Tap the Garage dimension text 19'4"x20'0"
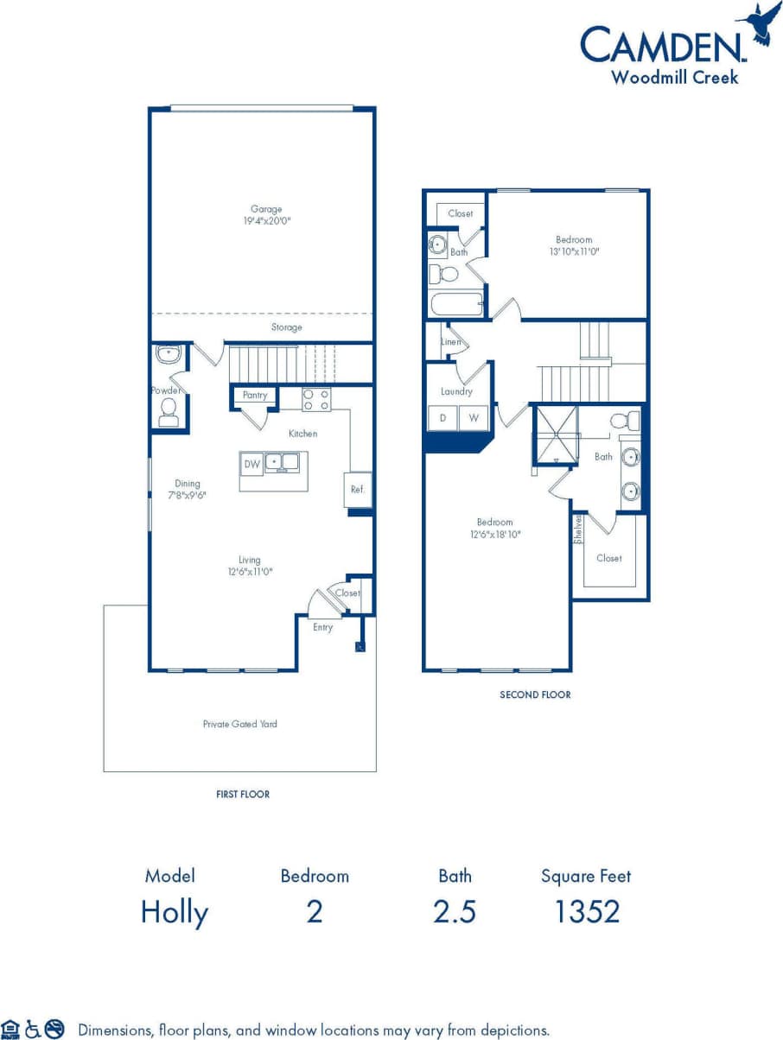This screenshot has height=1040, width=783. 266,221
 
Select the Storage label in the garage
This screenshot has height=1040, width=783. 287,327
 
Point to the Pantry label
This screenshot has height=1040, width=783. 255,395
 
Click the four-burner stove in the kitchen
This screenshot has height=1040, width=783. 316,399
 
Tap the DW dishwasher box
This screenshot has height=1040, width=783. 252,464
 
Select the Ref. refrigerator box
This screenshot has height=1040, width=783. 357,490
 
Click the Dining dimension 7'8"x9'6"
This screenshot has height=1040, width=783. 188,496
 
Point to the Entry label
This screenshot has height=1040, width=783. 322,627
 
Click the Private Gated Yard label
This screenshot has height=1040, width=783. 240,724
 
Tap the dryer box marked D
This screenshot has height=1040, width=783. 443,418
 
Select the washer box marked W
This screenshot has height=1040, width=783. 474,418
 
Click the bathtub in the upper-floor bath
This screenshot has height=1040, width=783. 456,304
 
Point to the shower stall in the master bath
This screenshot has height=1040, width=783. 555,434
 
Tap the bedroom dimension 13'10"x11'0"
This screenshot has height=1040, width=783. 574,251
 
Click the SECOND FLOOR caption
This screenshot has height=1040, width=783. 535,694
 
